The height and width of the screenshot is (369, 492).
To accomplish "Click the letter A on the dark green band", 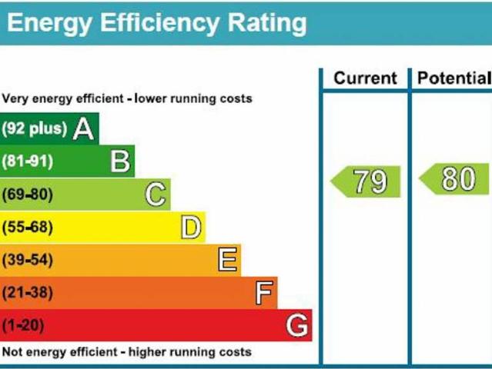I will click(84, 128).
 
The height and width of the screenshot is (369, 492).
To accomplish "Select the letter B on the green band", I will click(120, 161).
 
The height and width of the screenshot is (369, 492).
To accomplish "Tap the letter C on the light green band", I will click(156, 194).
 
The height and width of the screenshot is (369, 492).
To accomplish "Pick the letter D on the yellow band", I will click(191, 228).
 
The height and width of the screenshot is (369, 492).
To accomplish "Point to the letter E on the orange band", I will click(227, 260).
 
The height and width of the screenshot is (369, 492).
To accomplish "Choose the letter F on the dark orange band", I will click(263, 293).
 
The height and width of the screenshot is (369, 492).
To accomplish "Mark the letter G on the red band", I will click(297, 325).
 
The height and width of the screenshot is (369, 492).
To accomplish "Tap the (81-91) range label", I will click(27, 162).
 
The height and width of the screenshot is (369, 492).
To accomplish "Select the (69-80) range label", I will click(27, 194).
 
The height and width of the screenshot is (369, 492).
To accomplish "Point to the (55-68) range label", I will click(27, 228).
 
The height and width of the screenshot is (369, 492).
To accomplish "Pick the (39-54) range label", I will click(27, 261).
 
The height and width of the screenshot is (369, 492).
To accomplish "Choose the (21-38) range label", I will click(27, 293).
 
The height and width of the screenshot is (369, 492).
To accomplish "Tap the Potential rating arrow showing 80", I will click(455, 179).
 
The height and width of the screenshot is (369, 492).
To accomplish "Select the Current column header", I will click(365, 78).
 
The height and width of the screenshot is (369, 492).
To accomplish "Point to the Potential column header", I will click(453, 78).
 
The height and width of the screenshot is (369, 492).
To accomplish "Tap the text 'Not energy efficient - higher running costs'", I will click(127, 352).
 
